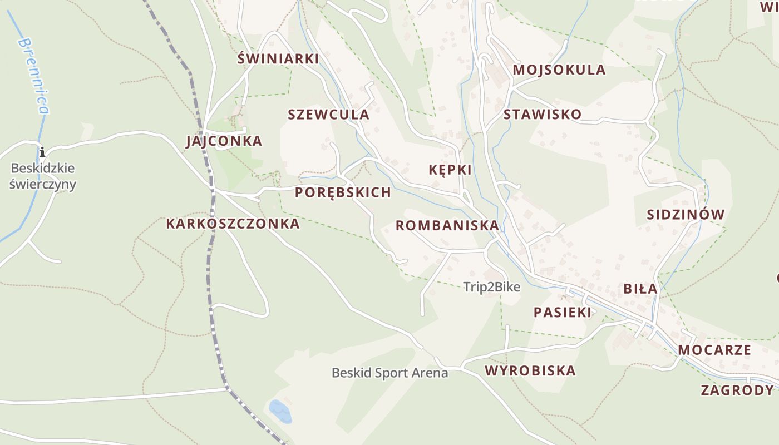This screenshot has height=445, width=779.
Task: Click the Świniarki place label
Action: click(x=278, y=58)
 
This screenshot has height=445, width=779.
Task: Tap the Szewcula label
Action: click(x=328, y=115)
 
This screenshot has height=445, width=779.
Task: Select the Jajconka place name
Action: click(x=224, y=141)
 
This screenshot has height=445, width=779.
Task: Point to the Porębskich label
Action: click(x=343, y=192)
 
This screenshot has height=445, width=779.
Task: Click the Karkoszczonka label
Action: click(x=233, y=224)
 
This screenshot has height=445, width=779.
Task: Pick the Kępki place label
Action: click(x=450, y=170)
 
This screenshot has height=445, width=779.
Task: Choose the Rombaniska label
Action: click(x=447, y=225)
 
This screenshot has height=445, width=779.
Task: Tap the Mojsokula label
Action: click(x=559, y=70)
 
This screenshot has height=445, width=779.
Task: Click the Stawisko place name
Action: click(x=542, y=115)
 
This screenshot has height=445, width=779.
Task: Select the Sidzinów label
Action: click(x=686, y=215)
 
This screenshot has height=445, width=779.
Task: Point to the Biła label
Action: click(x=640, y=289)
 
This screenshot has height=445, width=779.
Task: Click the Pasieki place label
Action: click(x=563, y=312)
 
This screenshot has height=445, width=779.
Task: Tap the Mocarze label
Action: click(x=714, y=350)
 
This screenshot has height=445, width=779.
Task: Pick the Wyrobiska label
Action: click(x=530, y=370)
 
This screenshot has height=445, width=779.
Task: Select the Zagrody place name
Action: click(x=737, y=390)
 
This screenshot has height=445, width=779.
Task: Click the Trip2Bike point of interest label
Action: click(x=492, y=287)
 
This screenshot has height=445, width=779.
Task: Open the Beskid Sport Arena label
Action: click(x=389, y=373)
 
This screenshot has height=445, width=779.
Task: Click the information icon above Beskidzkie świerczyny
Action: click(x=42, y=152)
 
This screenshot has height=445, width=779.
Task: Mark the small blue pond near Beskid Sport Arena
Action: click(x=280, y=411)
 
